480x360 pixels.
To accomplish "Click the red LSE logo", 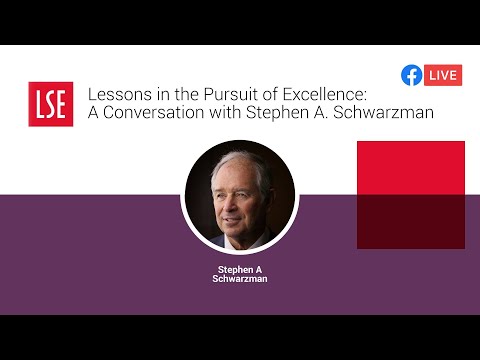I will (x=50, y=103).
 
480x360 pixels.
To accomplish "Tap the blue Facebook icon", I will (x=410, y=75).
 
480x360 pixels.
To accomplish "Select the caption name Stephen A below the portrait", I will (x=240, y=269).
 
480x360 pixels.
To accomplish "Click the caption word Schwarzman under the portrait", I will (x=240, y=279).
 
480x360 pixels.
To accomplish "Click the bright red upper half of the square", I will (x=410, y=167).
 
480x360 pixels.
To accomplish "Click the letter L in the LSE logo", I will (x=37, y=103).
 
